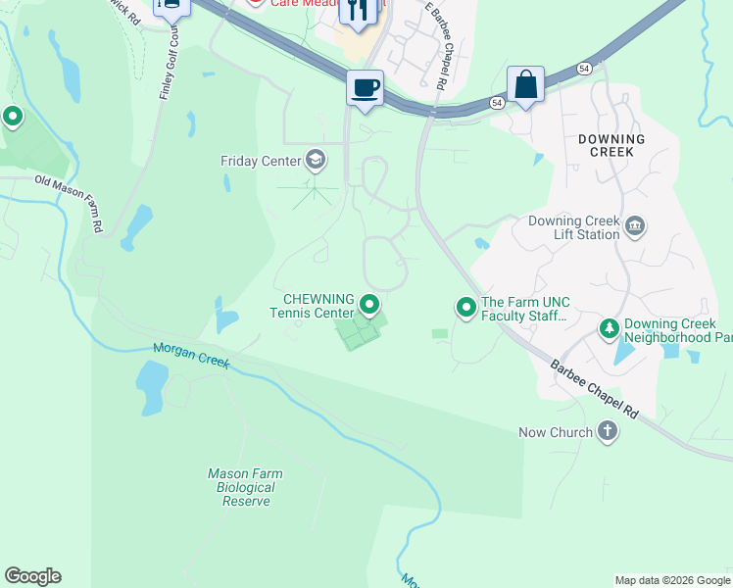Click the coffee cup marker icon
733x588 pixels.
coord(365,88)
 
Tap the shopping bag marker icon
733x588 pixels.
coord(525,84)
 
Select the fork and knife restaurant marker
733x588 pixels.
coord(357,12)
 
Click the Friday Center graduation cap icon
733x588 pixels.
coord(316,159)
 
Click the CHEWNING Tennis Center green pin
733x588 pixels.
coord(369,306)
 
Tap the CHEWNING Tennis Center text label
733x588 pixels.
coord(318,306)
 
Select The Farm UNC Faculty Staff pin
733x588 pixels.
coord(466,308)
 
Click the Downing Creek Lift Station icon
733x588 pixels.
coord(635,227)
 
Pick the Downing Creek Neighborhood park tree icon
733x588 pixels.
coord(609,329)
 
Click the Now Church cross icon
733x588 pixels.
coord(608,431)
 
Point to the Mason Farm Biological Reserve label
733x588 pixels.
coord(245,487)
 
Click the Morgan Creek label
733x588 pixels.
coord(191,356)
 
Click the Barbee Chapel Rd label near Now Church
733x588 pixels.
coord(594,390)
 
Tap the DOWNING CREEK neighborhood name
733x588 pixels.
coord(611,146)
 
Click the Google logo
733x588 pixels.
coord(32,576)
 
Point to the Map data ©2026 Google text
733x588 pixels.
coord(672,580)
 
